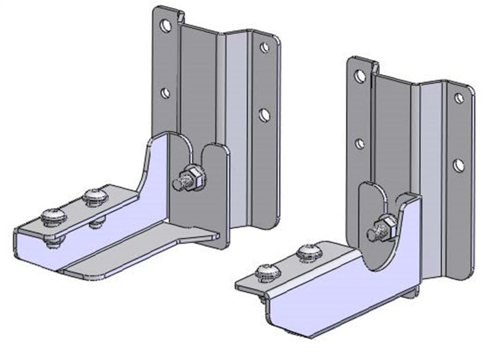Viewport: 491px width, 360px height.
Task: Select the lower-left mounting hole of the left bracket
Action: coord(165,93)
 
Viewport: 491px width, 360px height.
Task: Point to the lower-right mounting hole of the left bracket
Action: coord(265,114)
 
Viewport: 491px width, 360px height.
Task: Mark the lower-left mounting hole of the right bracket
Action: coord(360,144)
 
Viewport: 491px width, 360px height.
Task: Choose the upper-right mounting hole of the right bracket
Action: coord(458,98)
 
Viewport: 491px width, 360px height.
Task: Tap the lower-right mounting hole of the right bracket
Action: coord(458,165)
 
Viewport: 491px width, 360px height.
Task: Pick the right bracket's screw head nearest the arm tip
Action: coord(266,270)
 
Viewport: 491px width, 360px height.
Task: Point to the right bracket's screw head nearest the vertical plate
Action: coord(307,251)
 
